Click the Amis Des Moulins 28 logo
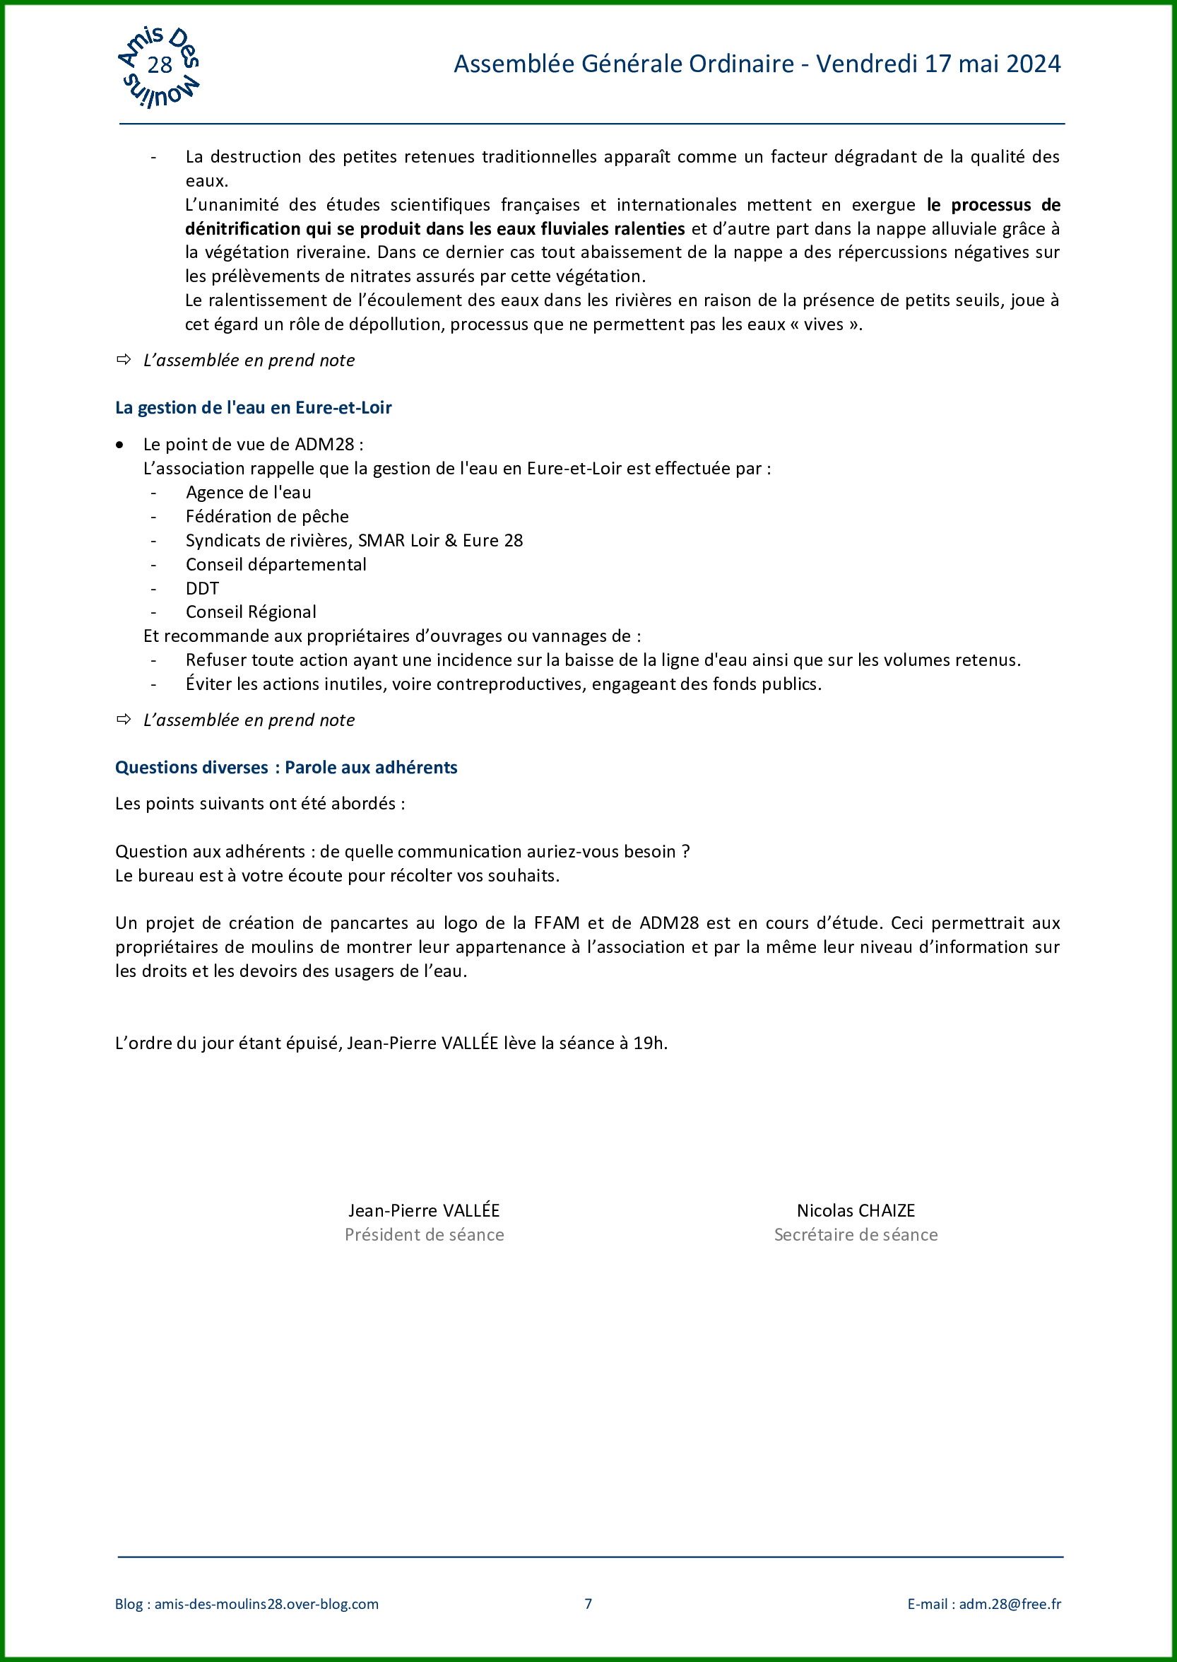pyautogui.click(x=159, y=66)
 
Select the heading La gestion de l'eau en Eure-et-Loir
pyautogui.click(x=253, y=407)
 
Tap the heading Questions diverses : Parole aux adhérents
pyautogui.click(x=285, y=767)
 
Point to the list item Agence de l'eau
pyautogui.click(x=248, y=492)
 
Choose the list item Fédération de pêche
pyautogui.click(x=267, y=516)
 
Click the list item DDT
pyautogui.click(x=201, y=588)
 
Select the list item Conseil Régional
pyautogui.click(x=251, y=612)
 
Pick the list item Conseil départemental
pyautogui.click(x=276, y=564)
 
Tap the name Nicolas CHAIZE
pyautogui.click(x=856, y=1210)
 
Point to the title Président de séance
pyautogui.click(x=424, y=1234)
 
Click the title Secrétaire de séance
pyautogui.click(x=856, y=1234)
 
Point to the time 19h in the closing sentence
pyautogui.click(x=649, y=1043)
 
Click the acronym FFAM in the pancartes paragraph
pyautogui.click(x=556, y=923)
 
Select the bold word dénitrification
pyautogui.click(x=243, y=229)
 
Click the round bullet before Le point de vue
pyautogui.click(x=119, y=445)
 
